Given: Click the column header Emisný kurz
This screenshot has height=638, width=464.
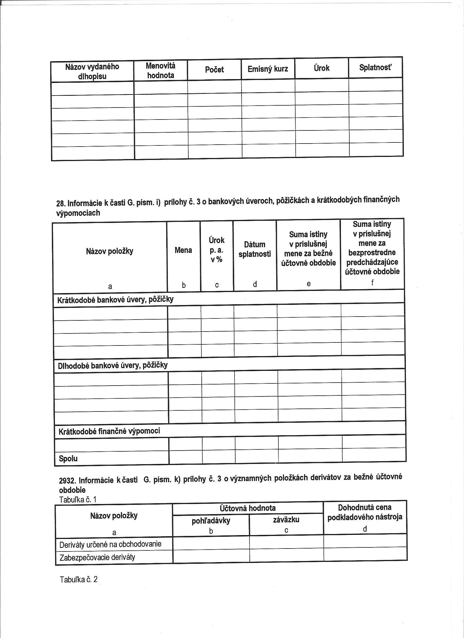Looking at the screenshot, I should pos(267,69).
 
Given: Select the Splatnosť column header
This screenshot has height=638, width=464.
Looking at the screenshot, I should pos(375,67).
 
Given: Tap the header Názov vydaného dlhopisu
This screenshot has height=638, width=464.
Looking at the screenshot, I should pos(92,71).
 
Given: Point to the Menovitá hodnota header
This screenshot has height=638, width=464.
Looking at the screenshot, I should pos(160,71).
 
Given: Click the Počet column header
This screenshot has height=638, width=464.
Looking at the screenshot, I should pos(214,70).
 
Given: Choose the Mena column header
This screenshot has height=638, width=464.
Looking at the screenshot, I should pos(183,250).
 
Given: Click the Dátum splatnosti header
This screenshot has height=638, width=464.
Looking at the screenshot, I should pos(255,249).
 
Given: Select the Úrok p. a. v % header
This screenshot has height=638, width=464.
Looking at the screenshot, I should pos(217,250).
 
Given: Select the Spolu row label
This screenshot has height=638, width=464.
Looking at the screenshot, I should pos(68,459).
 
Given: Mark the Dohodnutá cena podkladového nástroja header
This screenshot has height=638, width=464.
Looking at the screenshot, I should pos(365,512).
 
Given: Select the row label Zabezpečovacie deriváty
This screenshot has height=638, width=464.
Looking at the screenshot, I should pos(97,557).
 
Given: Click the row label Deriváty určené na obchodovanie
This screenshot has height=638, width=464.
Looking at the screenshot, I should pos(110,544).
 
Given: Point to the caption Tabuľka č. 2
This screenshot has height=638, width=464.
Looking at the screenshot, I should pos(79,580).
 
